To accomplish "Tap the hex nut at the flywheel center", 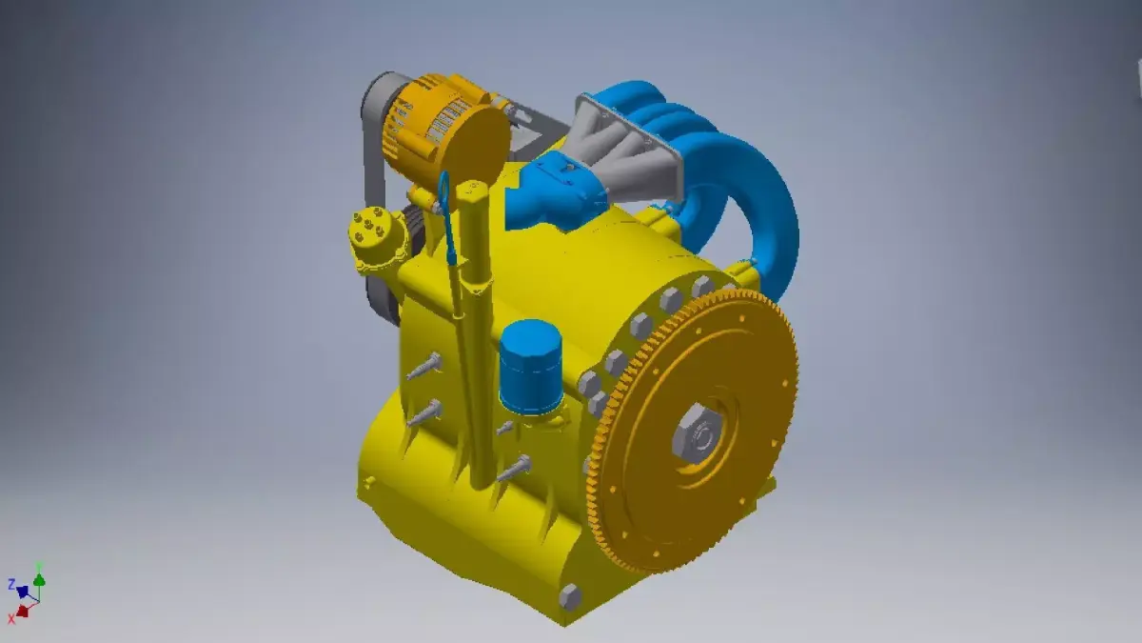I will pyautogui.click(x=698, y=435).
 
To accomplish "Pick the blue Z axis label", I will pyautogui.click(x=11, y=584).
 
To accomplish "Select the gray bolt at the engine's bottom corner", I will pyautogui.click(x=569, y=597).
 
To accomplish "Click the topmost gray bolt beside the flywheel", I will pyautogui.click(x=702, y=285).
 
